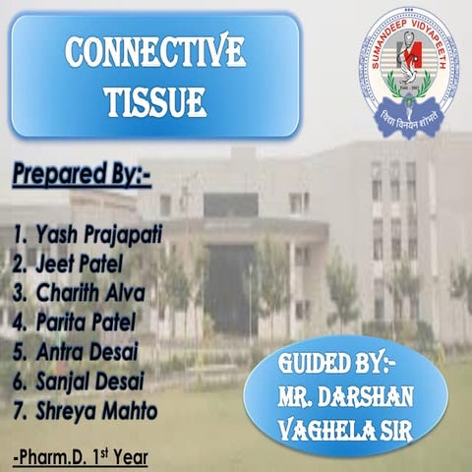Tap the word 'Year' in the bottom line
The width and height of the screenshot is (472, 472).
point(128,457)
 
